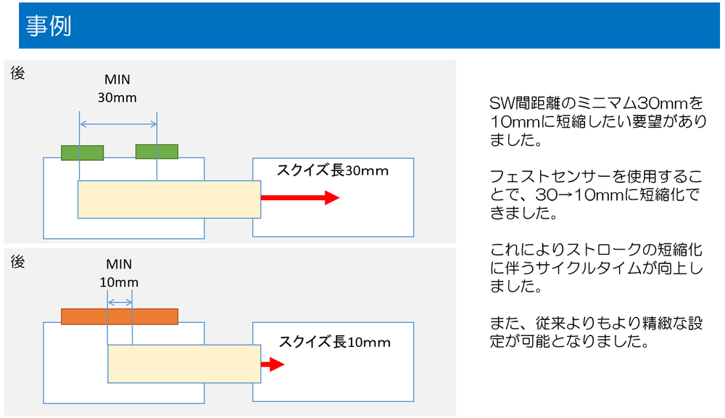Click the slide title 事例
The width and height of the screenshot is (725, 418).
pos(49,25)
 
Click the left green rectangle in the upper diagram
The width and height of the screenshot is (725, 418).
pos(83,152)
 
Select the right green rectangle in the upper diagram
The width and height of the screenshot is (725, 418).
pos(157,152)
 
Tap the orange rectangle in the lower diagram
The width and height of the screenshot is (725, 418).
pos(120,316)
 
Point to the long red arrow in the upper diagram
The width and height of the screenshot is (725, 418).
pos(300,197)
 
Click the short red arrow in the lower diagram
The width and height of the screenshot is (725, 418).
pos(273,364)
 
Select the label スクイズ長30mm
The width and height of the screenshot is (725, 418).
pos(333,171)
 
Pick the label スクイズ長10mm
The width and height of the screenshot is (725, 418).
pos(334,342)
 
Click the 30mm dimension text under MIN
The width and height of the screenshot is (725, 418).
pos(117,98)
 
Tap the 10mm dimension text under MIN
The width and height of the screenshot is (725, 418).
pos(119,282)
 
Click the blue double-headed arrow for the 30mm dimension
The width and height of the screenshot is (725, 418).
pos(118,124)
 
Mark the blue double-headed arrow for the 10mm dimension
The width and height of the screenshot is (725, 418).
pos(120,303)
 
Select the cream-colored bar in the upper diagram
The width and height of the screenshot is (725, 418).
pos(169,200)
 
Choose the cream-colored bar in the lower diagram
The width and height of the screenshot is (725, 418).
pos(184,364)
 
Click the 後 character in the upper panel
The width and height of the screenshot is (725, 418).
pos(17,73)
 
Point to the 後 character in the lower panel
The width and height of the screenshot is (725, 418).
pos(17,262)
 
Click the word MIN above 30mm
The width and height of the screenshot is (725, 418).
pos(117,80)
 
